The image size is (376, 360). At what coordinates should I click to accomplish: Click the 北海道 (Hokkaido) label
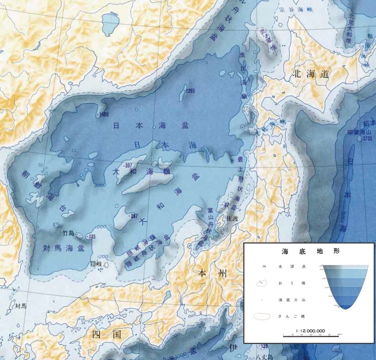tap(311, 74)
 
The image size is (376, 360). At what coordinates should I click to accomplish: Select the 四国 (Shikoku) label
tap(107, 334)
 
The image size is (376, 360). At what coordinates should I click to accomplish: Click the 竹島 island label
tap(69, 233)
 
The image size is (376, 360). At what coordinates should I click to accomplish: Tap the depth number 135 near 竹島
tap(92, 237)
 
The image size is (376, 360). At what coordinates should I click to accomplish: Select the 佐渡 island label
tap(233, 220)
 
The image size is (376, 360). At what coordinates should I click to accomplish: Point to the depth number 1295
tap(190, 91)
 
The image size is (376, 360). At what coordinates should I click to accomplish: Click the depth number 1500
tap(104, 115)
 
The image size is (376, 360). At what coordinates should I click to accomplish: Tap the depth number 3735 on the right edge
tap(367, 138)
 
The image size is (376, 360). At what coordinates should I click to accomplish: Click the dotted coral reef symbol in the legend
tap(262, 316)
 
